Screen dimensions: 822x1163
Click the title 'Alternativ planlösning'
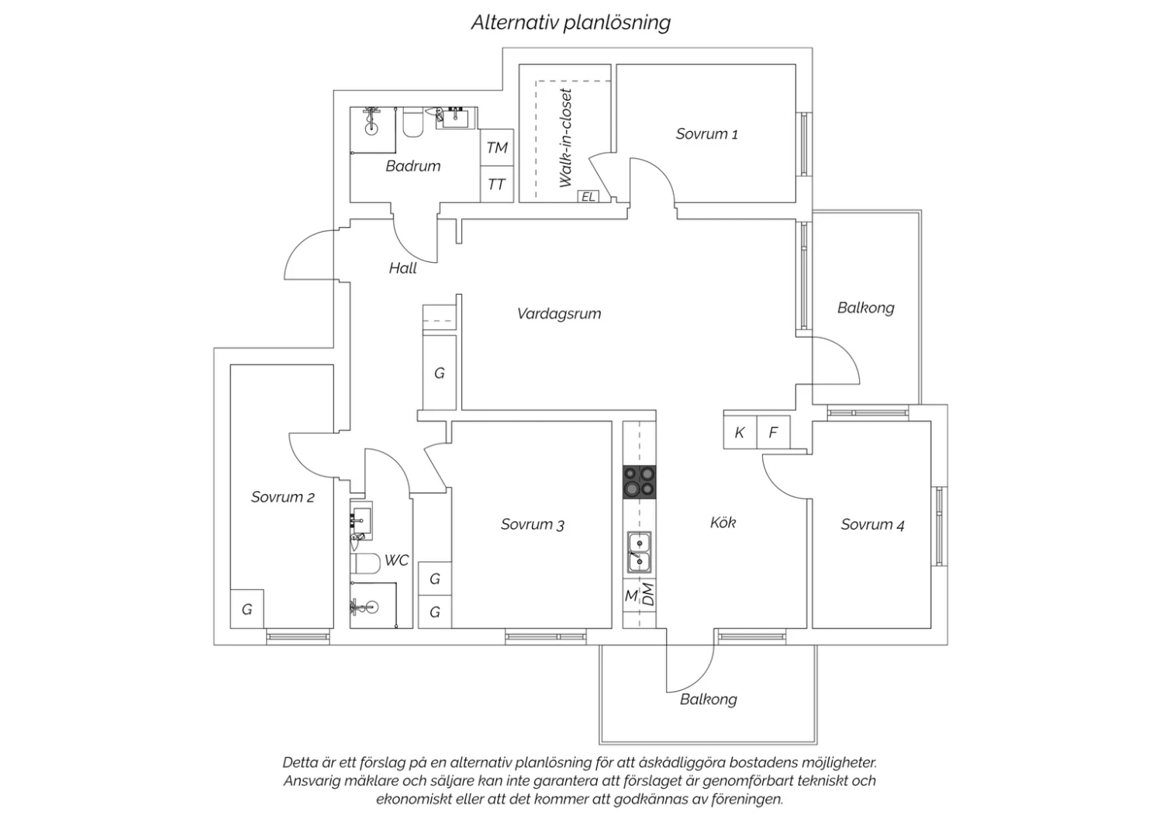click(571, 22)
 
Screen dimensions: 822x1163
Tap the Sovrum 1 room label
click(706, 134)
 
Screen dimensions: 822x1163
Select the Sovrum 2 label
click(282, 497)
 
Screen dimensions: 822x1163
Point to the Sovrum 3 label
click(532, 525)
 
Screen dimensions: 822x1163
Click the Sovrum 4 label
click(872, 525)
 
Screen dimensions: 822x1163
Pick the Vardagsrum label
click(559, 314)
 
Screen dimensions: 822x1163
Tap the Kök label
click(723, 523)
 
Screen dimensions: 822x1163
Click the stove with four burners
click(639, 482)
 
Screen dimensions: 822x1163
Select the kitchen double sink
click(639, 551)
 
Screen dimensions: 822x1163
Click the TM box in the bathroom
click(497, 147)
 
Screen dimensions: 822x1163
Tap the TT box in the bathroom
click(497, 185)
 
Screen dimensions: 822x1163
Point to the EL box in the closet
click(588, 196)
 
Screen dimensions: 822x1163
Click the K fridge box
click(740, 433)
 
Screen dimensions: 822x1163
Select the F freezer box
click(773, 433)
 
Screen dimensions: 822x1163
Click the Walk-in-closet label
click(566, 137)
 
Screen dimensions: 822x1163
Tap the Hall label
click(402, 268)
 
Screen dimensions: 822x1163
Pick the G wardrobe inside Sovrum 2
click(247, 610)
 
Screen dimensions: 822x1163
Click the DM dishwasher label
click(649, 595)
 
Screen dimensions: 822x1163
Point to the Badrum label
click(412, 166)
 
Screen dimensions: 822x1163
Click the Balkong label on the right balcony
click(865, 308)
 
